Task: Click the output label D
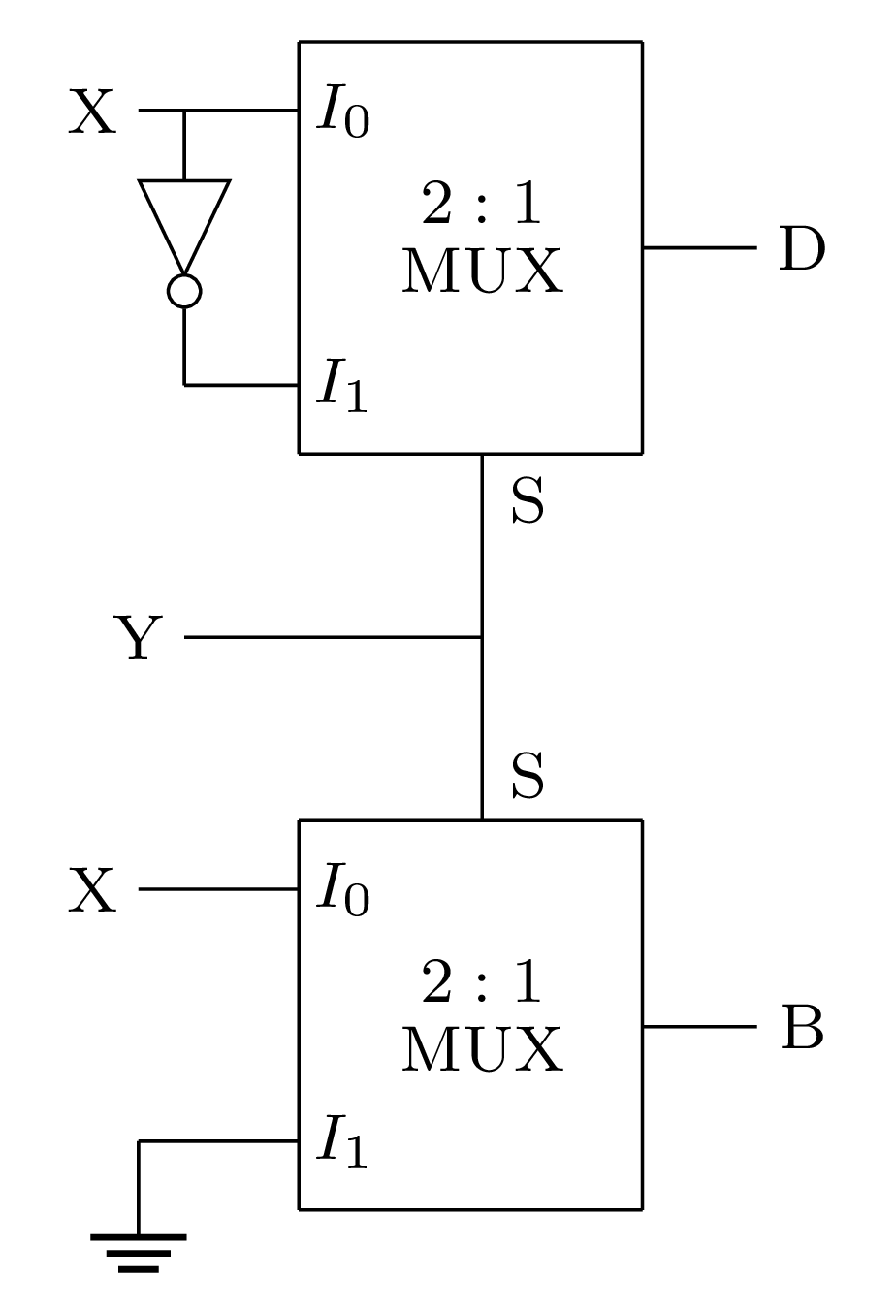pyautogui.click(x=802, y=249)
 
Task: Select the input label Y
pyautogui.click(x=139, y=638)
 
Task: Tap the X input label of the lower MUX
pyautogui.click(x=92, y=890)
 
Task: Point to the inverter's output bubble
pyautogui.click(x=184, y=291)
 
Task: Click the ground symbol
pyautogui.click(x=139, y=1251)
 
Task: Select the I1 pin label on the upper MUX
pyautogui.click(x=342, y=387)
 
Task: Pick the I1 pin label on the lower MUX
pyautogui.click(x=342, y=1142)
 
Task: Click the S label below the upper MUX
pyautogui.click(x=528, y=502)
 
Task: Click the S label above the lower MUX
pyautogui.click(x=528, y=777)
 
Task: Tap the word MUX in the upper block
pyautogui.click(x=482, y=272)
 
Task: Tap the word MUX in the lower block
pyautogui.click(x=482, y=1050)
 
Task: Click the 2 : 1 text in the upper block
pyautogui.click(x=482, y=205)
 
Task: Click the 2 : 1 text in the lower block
pyautogui.click(x=482, y=983)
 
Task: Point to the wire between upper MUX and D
pyautogui.click(x=698, y=248)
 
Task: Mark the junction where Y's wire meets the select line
pyautogui.click(x=482, y=637)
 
